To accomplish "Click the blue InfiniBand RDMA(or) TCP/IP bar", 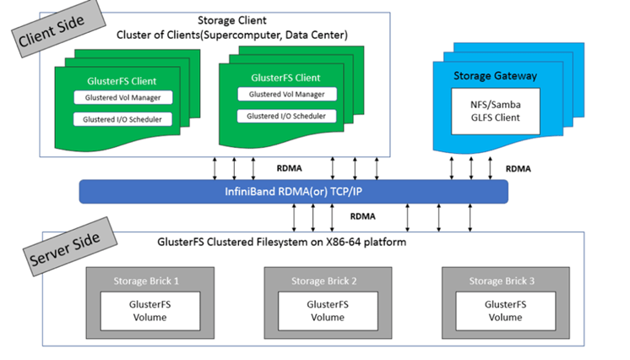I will [x=293, y=191].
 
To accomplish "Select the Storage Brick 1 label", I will [x=141, y=280].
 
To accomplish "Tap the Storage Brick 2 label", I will [x=318, y=280].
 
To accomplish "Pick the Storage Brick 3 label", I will [x=495, y=280].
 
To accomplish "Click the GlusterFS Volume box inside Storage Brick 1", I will [x=141, y=311].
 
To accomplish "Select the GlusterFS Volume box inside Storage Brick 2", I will [x=318, y=311].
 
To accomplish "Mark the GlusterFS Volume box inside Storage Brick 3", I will [x=495, y=311].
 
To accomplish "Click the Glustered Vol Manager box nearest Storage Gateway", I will [x=286, y=94].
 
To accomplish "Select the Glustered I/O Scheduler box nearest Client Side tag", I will [x=122, y=119].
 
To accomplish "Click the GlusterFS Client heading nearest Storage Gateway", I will [x=286, y=78].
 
